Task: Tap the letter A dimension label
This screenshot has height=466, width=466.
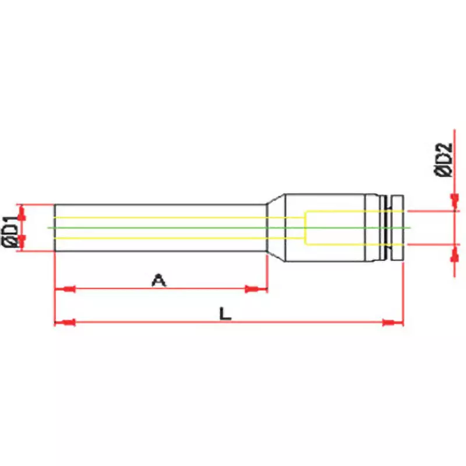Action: (x=158, y=280)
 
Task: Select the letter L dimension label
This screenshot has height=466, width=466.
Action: (x=225, y=314)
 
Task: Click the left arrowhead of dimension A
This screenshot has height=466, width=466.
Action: (x=65, y=289)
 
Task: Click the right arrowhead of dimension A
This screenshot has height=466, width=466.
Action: (x=255, y=289)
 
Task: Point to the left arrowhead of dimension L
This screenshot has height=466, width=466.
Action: (x=65, y=322)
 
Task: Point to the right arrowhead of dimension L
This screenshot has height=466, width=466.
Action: (x=391, y=322)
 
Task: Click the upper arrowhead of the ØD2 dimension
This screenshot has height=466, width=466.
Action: (x=454, y=201)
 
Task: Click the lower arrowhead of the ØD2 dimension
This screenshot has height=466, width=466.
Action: (x=454, y=255)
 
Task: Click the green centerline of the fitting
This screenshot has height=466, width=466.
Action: (x=175, y=227)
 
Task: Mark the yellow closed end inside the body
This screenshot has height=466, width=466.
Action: (x=306, y=227)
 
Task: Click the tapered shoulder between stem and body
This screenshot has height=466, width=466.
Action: (x=275, y=227)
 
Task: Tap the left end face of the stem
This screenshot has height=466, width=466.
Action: (x=55, y=227)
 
